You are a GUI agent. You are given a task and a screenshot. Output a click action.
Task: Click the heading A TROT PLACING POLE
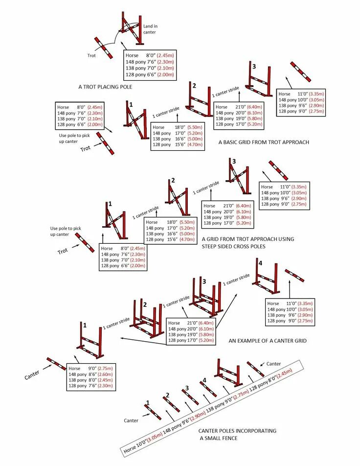point(105,87)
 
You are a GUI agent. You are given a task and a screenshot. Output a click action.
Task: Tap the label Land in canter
point(150,29)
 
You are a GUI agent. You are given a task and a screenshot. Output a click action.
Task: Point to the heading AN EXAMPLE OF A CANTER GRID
point(268,340)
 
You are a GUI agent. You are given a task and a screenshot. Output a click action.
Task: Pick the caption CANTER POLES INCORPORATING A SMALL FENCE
point(237,434)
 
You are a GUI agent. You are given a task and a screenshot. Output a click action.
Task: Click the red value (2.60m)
point(105,374)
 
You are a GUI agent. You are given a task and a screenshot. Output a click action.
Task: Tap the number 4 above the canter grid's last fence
point(260,263)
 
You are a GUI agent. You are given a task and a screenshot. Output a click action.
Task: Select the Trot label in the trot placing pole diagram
point(91,55)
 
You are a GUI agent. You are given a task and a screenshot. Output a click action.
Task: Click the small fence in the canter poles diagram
point(226,373)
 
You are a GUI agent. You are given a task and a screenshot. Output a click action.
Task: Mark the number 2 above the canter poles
point(167,396)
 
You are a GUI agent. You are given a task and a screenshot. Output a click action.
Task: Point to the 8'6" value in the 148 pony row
point(92,374)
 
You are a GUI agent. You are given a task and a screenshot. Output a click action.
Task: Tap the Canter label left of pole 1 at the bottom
point(131,420)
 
